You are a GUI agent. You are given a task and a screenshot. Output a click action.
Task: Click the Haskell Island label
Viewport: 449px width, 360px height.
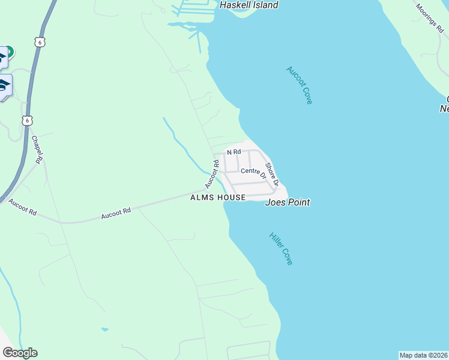tap(249, 5)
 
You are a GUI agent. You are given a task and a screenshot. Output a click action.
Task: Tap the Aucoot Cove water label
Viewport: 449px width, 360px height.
tap(299, 85)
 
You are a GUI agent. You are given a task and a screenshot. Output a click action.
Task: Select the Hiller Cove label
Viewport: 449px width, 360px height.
tap(280, 248)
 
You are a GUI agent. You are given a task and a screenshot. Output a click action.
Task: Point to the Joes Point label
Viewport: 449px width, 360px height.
tap(288, 203)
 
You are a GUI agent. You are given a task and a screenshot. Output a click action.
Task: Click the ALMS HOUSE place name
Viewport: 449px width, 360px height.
tap(217, 197)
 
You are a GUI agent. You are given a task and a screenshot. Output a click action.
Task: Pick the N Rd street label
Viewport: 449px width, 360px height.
tap(234, 152)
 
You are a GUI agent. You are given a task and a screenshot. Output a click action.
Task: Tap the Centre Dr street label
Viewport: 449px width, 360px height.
tap(253, 172)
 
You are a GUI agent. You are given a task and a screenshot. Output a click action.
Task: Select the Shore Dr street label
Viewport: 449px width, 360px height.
tap(272, 174)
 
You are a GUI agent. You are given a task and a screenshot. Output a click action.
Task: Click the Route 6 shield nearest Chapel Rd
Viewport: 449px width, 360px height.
tap(27, 121)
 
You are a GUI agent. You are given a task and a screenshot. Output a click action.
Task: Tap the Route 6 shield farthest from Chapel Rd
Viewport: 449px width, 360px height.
tap(40, 41)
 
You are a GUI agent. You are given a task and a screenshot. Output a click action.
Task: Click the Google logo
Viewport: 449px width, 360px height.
tap(20, 353)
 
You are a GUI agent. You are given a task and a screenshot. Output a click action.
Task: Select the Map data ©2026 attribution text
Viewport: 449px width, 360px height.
tap(424, 355)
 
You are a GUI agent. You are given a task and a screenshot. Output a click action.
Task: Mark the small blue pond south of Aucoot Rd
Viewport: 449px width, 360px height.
tap(105, 329)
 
